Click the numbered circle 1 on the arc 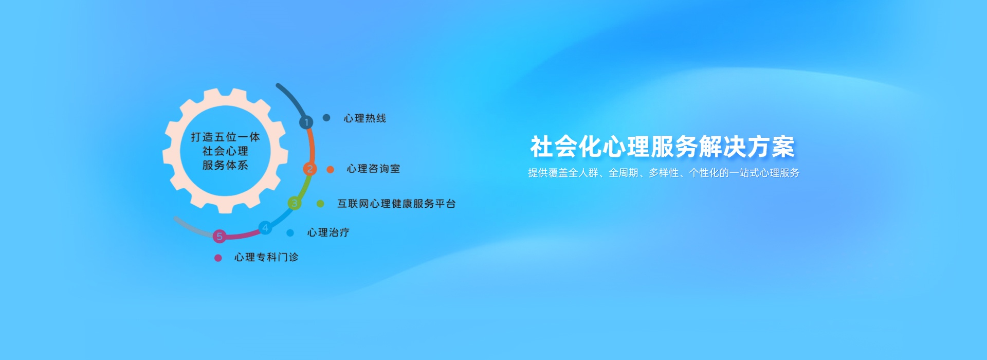(x=306, y=122)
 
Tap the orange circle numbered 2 (x=310, y=169)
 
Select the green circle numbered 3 (x=295, y=203)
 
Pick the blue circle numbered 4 (x=265, y=227)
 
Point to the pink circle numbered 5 (x=220, y=236)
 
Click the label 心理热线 (x=365, y=118)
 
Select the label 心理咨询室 (x=373, y=169)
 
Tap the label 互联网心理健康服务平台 (x=396, y=204)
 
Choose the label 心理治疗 (x=328, y=232)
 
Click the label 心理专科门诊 (x=266, y=257)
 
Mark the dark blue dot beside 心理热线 (x=326, y=118)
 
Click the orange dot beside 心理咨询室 (x=330, y=169)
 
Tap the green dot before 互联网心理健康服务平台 (x=320, y=204)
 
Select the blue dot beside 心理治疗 (x=290, y=233)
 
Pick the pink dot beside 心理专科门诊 (x=218, y=258)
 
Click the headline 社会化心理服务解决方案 (x=663, y=147)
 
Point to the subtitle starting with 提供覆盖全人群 (x=664, y=173)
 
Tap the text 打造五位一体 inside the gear (x=225, y=137)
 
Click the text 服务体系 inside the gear (x=225, y=165)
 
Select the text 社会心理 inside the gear (x=225, y=151)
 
